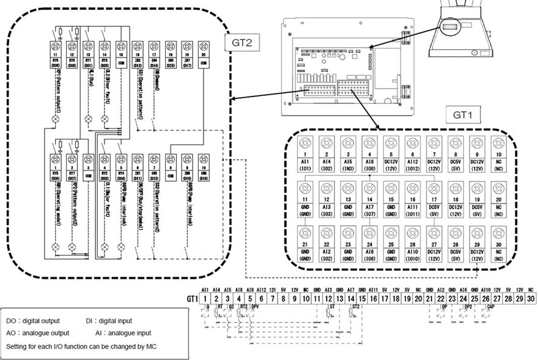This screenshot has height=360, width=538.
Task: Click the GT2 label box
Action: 242,43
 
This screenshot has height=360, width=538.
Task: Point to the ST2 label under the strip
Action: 356,307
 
